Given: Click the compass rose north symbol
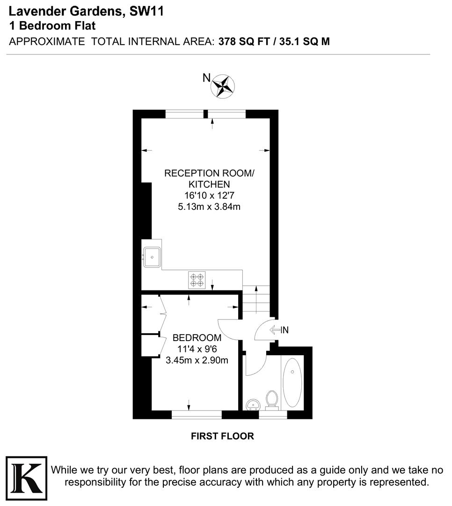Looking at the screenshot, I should pyautogui.click(x=223, y=87).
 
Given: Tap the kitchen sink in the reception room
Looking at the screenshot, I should pyautogui.click(x=152, y=257).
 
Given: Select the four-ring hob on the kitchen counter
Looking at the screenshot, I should pyautogui.click(x=197, y=280).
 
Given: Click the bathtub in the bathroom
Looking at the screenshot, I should pyautogui.click(x=292, y=383).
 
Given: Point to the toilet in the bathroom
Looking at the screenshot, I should pyautogui.click(x=271, y=400).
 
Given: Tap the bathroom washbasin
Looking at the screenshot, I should pyautogui.click(x=253, y=404).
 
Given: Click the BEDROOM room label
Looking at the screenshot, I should pyautogui.click(x=197, y=338).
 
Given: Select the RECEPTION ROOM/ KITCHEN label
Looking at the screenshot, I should pyautogui.click(x=209, y=179).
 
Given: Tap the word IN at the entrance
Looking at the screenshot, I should pyautogui.click(x=284, y=330).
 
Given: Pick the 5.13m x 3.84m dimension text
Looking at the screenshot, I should pyautogui.click(x=209, y=207).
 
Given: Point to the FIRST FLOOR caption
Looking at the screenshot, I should pyautogui.click(x=222, y=436).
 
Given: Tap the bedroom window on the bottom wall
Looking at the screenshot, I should pyautogui.click(x=197, y=414).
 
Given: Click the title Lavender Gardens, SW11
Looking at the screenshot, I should pyautogui.click(x=86, y=12).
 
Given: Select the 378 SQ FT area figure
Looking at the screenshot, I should pyautogui.click(x=246, y=41).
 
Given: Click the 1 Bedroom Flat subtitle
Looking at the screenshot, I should pyautogui.click(x=52, y=26).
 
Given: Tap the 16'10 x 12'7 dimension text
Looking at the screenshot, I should pyautogui.click(x=209, y=196).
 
